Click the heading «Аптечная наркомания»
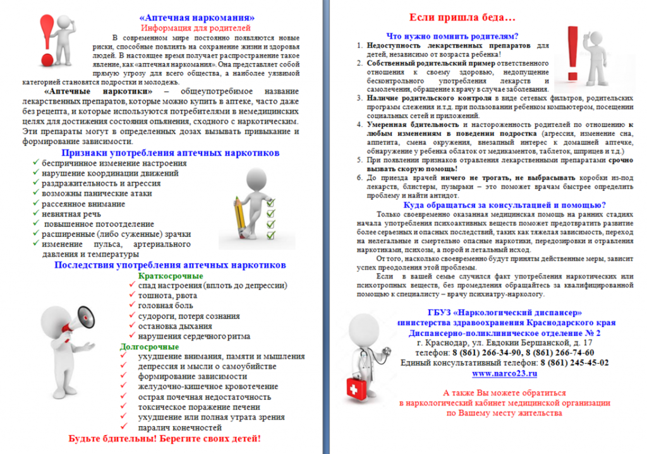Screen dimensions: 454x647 (x=197, y=17)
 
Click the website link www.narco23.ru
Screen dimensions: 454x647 (x=504, y=373)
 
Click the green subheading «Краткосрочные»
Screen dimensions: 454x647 (x=170, y=276)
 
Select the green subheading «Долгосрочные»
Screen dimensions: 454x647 (x=149, y=347)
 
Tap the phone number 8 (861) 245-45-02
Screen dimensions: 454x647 (x=574, y=362)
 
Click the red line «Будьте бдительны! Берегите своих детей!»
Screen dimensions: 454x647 (x=164, y=439)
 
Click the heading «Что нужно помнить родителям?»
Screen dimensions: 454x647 (x=452, y=36)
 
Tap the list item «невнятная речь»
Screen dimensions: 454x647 (x=71, y=214)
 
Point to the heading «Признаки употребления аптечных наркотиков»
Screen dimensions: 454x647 (x=170, y=153)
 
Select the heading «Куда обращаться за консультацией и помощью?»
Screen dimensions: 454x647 (x=504, y=205)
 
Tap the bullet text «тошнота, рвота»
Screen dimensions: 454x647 (x=167, y=296)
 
